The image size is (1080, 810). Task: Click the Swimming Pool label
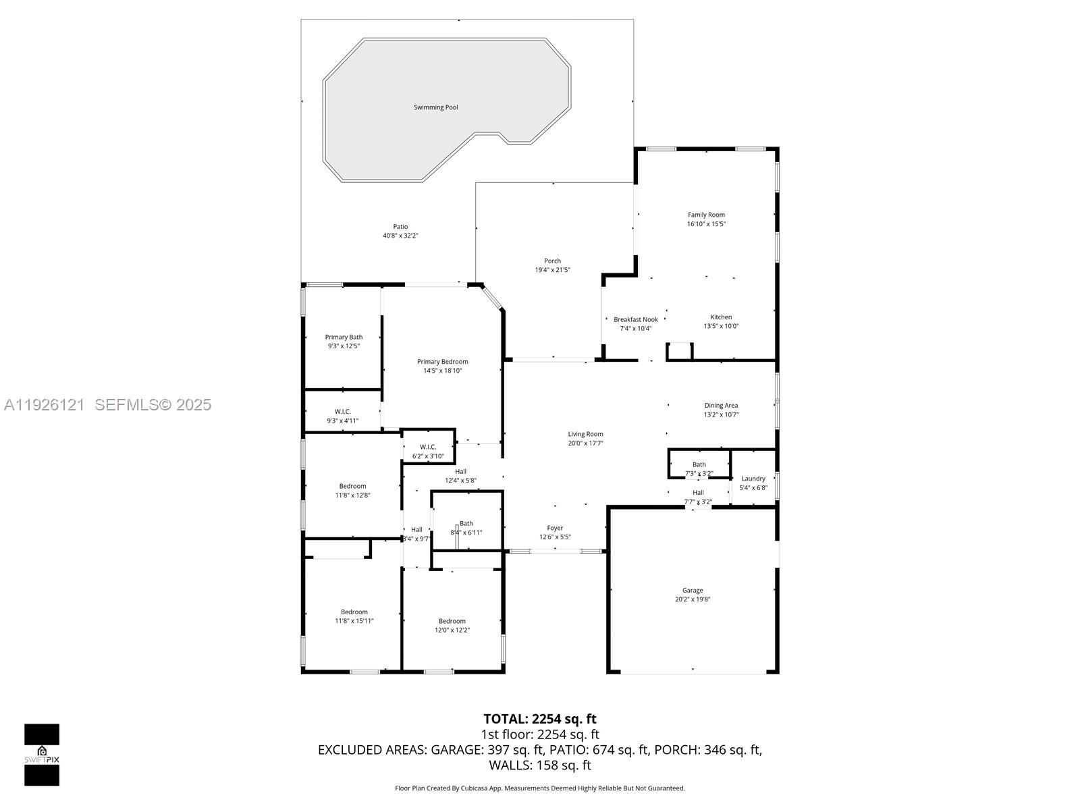[435, 107]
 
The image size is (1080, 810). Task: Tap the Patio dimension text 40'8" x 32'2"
[400, 236]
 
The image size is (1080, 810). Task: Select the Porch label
[552, 261]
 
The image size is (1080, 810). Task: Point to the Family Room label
[706, 215]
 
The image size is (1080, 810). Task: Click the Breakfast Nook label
[635, 320]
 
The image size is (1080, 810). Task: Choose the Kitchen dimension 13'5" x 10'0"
[721, 326]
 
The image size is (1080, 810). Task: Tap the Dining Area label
[721, 406]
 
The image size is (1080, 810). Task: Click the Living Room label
[585, 435]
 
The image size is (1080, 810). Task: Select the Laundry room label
[753, 479]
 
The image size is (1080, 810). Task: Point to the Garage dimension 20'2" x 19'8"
[693, 599]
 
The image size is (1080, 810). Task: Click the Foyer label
[555, 529]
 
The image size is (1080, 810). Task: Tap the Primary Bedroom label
[442, 362]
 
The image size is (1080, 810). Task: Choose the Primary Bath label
[344, 337]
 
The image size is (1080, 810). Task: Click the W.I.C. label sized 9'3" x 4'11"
[343, 412]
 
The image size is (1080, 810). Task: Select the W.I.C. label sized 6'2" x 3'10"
[428, 447]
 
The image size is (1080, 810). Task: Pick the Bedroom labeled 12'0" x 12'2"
[452, 622]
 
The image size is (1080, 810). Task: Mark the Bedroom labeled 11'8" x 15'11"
[354, 612]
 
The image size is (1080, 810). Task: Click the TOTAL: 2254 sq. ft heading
[539, 719]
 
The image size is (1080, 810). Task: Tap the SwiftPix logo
[42, 755]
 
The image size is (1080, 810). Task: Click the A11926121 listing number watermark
[45, 404]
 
